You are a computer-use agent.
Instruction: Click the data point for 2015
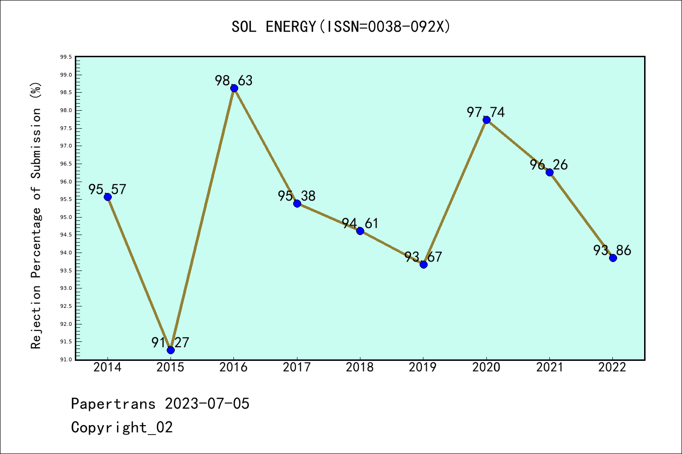pyautogui.click(x=170, y=350)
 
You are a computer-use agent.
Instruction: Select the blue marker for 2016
pyautogui.click(x=234, y=88)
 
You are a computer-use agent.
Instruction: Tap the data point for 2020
pyautogui.click(x=486, y=120)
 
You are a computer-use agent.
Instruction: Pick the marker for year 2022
pyautogui.click(x=613, y=258)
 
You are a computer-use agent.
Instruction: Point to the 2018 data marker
pyautogui.click(x=360, y=231)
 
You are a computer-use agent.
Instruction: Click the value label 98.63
pyautogui.click(x=234, y=80)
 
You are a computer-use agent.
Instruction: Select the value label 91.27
pyautogui.click(x=170, y=342)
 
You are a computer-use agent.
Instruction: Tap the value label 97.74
pyautogui.click(x=486, y=112)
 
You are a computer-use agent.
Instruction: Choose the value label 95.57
pyautogui.click(x=108, y=189)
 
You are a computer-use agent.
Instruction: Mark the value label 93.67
pyautogui.click(x=423, y=257)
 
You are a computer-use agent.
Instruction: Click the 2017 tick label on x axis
pyautogui.click(x=297, y=367)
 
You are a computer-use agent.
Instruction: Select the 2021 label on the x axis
pyautogui.click(x=549, y=367)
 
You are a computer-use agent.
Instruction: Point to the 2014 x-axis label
pyautogui.click(x=108, y=367)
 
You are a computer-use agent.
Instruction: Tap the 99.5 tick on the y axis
pyautogui.click(x=66, y=57)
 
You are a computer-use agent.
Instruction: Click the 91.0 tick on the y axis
pyautogui.click(x=66, y=359)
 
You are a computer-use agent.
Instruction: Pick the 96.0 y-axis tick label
pyautogui.click(x=66, y=182)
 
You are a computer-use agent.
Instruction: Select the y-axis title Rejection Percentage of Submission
pyautogui.click(x=36, y=215)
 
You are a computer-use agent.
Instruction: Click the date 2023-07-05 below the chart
pyautogui.click(x=207, y=403)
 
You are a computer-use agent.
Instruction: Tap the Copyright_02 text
pyautogui.click(x=122, y=427)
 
